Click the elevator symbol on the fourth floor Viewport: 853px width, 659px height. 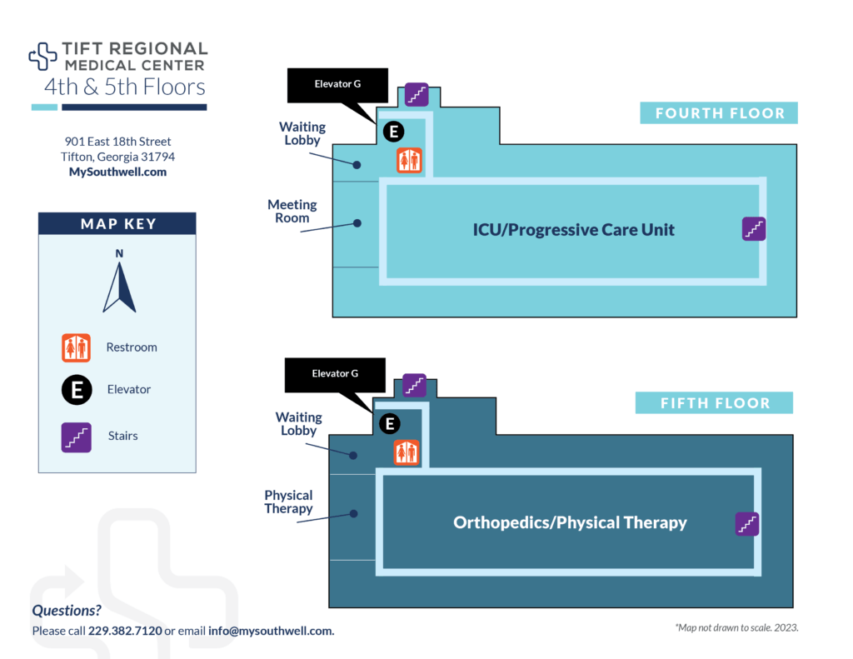(x=392, y=131)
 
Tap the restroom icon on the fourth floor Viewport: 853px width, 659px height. (x=409, y=161)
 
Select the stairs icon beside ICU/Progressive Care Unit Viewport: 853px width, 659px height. (x=753, y=229)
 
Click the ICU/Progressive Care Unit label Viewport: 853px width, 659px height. (x=574, y=230)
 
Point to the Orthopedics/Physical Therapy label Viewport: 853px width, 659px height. (x=570, y=523)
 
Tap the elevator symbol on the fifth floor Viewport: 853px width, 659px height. (x=389, y=424)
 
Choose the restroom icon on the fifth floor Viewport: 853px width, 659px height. (x=407, y=453)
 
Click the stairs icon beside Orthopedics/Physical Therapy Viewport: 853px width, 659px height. (x=747, y=524)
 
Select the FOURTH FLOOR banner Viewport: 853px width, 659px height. (x=719, y=113)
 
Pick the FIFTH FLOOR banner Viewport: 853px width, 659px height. (x=714, y=403)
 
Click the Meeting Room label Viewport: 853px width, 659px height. (x=292, y=211)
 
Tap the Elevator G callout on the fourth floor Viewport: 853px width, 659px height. (x=337, y=84)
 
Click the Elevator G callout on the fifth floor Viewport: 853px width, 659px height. (x=335, y=374)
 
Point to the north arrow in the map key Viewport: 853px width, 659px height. (x=119, y=283)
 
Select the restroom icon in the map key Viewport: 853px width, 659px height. (x=76, y=347)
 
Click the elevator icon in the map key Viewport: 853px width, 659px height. (x=76, y=389)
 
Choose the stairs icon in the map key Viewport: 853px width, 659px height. (x=76, y=436)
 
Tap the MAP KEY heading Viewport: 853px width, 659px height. (x=117, y=223)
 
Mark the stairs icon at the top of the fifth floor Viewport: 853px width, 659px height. (x=415, y=386)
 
